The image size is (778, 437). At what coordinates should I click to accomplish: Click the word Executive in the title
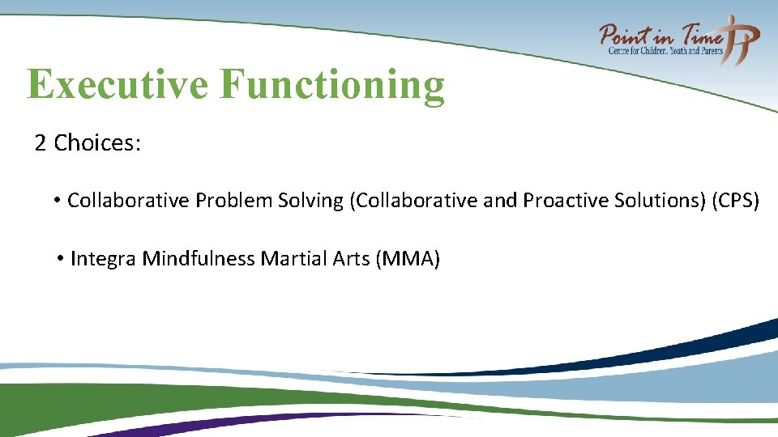tap(118, 84)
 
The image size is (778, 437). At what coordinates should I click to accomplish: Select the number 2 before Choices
tap(40, 143)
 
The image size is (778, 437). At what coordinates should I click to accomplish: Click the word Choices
tap(97, 143)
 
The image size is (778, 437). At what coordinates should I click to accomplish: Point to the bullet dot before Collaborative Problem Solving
tap(58, 200)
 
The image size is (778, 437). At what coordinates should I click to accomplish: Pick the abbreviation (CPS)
tap(735, 201)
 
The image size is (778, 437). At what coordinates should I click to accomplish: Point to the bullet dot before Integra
tap(61, 259)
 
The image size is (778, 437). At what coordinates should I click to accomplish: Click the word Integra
tap(104, 259)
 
